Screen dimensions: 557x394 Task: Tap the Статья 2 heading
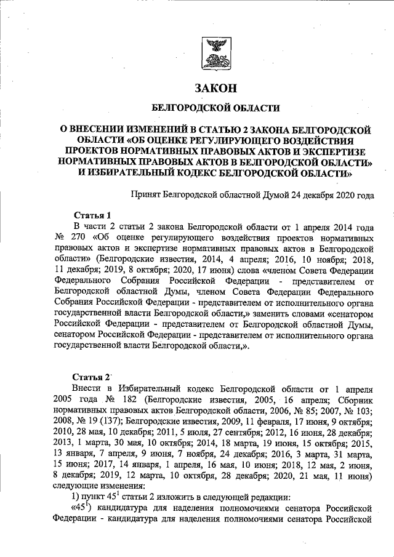[91, 376]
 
